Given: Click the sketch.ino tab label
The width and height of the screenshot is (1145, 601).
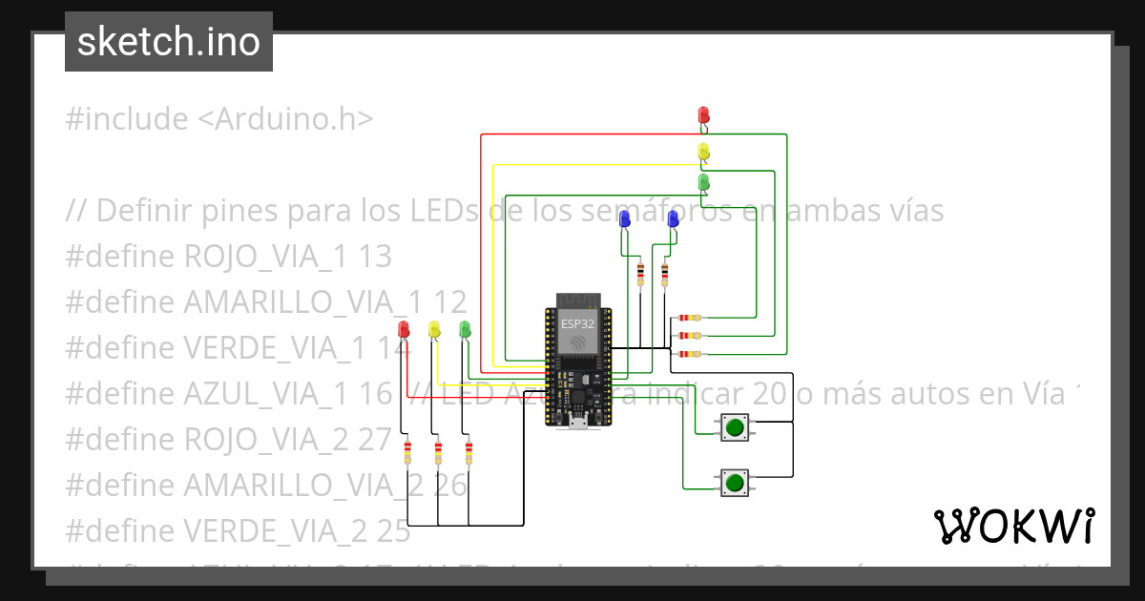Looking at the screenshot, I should tap(169, 42).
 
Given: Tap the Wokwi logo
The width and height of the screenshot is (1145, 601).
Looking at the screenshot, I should tap(1013, 526).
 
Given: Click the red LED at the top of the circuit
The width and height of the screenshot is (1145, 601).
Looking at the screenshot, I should tap(703, 115).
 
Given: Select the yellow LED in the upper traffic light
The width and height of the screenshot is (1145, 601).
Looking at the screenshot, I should tap(703, 151).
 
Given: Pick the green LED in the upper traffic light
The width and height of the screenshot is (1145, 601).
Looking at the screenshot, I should tap(703, 180).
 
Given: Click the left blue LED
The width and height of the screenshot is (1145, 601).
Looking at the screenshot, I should tap(625, 219).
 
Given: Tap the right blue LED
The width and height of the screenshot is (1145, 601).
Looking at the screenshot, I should tap(674, 219).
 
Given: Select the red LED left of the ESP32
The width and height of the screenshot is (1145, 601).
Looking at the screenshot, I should tap(404, 329).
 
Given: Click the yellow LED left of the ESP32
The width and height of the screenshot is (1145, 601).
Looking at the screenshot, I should tap(434, 329).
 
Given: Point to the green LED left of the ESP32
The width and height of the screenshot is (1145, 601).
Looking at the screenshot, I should tap(465, 329).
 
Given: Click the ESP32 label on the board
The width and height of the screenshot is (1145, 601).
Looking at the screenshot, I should tap(575, 323).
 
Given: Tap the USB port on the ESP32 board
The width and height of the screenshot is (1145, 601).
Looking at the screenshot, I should tap(578, 421).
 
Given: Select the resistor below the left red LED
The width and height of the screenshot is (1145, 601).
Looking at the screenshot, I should tap(408, 453).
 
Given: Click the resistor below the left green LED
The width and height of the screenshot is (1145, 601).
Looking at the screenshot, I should tap(468, 453).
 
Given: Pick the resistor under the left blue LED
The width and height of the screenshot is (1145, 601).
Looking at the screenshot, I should tap(639, 275).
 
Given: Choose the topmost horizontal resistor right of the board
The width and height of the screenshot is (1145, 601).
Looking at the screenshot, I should tap(688, 318).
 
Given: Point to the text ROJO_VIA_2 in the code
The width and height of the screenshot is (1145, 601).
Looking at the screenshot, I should tap(286, 440).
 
